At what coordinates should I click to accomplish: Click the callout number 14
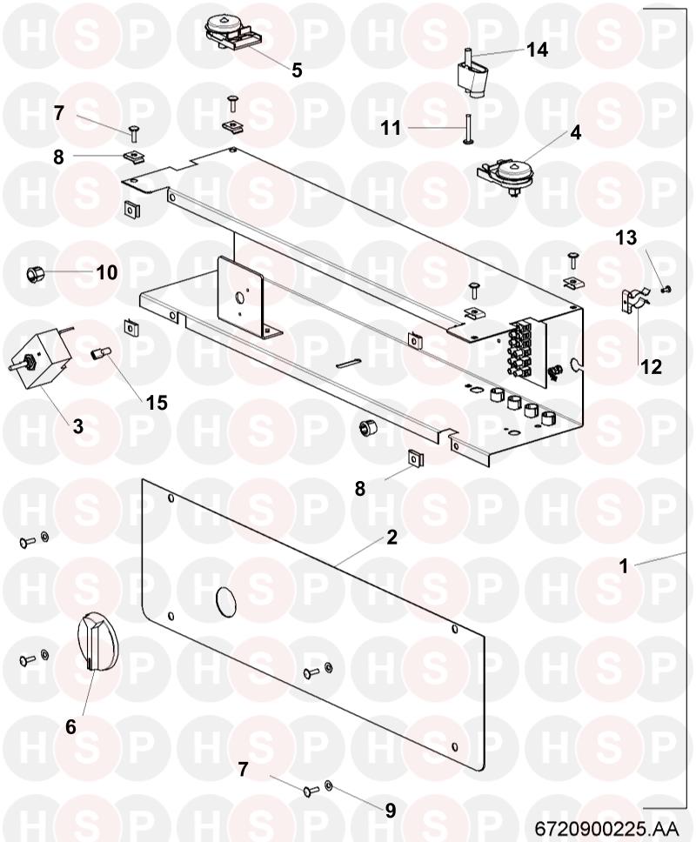[x=537, y=50]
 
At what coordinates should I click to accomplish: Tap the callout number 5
[x=297, y=70]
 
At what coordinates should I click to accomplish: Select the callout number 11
[x=391, y=129]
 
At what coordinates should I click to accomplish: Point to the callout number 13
[x=626, y=237]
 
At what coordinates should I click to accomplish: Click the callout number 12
[x=651, y=367]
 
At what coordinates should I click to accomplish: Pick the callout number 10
[x=107, y=272]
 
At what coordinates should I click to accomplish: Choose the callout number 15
[x=157, y=402]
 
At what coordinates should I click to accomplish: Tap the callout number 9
[x=391, y=811]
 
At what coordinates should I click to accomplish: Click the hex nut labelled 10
[x=35, y=274]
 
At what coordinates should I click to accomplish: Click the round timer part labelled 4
[x=503, y=175]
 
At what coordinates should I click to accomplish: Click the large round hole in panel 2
[x=225, y=600]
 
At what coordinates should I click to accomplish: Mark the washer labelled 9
[x=329, y=786]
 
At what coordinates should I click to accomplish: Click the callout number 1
[x=624, y=565]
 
